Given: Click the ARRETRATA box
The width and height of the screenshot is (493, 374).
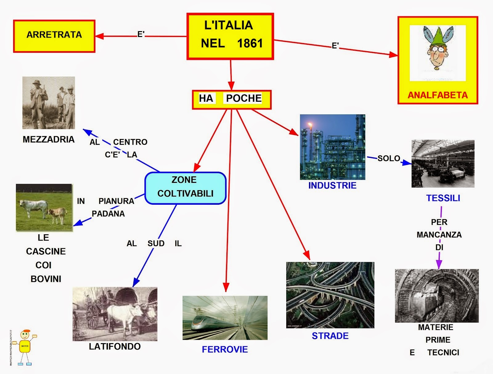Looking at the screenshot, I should pyautogui.click(x=54, y=36).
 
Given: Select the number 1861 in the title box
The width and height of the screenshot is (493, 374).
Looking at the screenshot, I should pyautogui.click(x=250, y=43).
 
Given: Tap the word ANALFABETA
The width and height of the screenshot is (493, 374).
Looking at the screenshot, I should pyautogui.click(x=438, y=95).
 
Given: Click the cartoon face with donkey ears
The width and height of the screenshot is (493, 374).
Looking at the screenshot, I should pyautogui.click(x=437, y=49).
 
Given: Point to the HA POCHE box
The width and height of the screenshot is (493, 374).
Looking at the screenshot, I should pyautogui.click(x=231, y=99).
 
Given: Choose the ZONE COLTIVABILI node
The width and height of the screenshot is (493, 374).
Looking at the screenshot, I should pyautogui.click(x=185, y=188).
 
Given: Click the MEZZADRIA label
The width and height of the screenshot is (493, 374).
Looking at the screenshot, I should pyautogui.click(x=49, y=139).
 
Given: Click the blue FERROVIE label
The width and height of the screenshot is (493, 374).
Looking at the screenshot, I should pyautogui.click(x=225, y=349).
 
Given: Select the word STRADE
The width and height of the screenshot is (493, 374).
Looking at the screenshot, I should pyautogui.click(x=330, y=336).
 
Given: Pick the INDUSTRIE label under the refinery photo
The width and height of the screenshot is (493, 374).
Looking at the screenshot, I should pyautogui.click(x=332, y=185).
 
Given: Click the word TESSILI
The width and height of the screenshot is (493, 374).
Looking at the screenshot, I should pyautogui.click(x=443, y=198).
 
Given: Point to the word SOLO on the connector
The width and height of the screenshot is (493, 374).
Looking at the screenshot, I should pyautogui.click(x=389, y=158).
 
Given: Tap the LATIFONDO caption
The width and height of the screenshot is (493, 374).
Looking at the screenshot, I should pyautogui.click(x=115, y=347).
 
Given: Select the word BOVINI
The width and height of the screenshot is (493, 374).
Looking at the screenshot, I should pyautogui.click(x=46, y=279).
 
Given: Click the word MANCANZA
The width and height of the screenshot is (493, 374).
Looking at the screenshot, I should pyautogui.click(x=439, y=235).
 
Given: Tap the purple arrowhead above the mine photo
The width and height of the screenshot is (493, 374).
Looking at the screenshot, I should pyautogui.click(x=439, y=264).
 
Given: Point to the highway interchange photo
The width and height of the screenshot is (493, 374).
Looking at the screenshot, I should pyautogui.click(x=330, y=295).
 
